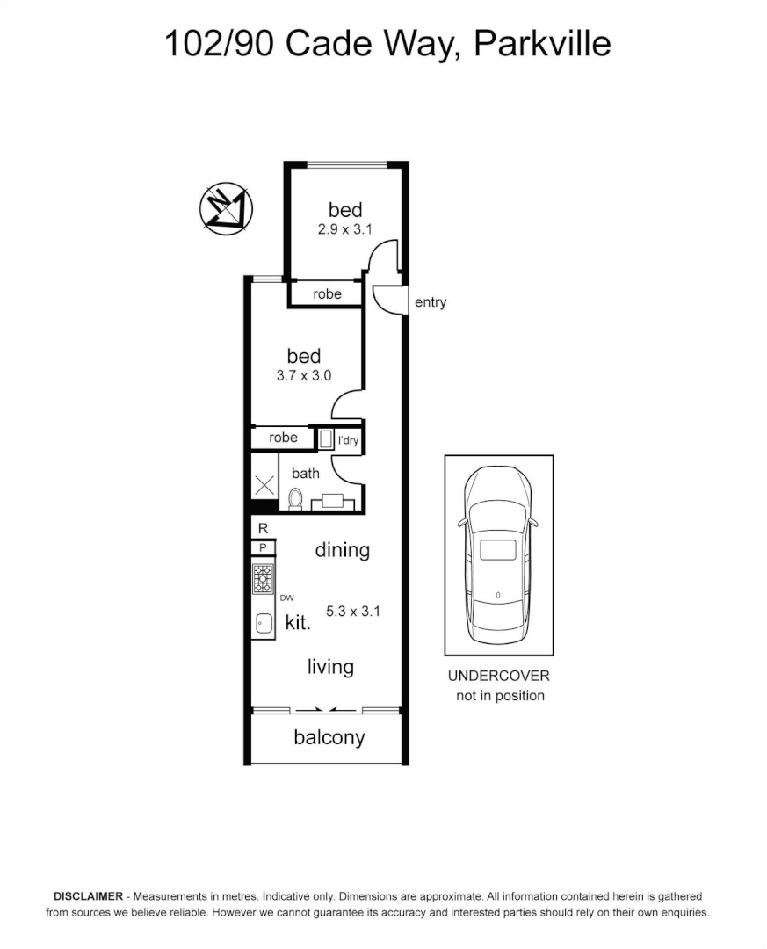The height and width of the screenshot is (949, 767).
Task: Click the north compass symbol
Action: (x=226, y=208)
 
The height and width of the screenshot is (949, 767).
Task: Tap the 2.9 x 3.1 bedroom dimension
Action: (x=345, y=229)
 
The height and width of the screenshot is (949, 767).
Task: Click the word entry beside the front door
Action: (x=431, y=302)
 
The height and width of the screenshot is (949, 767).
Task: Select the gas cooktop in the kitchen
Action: (x=264, y=578)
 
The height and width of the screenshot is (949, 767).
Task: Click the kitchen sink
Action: (x=264, y=623)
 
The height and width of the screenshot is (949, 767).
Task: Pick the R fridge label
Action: (x=263, y=528)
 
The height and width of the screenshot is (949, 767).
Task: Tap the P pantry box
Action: (x=263, y=547)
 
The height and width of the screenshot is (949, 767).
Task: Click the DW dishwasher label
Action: (x=286, y=598)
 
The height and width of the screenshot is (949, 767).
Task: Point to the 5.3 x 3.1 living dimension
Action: (x=352, y=611)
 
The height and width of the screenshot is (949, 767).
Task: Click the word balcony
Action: (x=329, y=737)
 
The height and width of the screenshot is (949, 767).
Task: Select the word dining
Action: (x=342, y=550)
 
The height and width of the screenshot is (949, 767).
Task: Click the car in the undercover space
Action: (x=498, y=556)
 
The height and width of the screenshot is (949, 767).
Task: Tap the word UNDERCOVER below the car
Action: (x=498, y=676)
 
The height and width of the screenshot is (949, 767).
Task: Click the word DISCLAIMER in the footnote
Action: (x=89, y=897)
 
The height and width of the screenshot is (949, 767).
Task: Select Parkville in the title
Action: (x=542, y=42)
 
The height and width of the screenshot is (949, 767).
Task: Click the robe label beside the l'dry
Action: (x=283, y=438)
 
